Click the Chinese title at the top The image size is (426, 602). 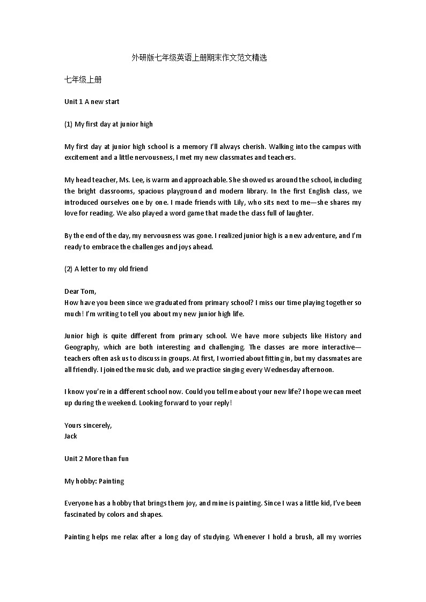[199, 57]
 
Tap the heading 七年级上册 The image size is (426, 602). [83, 79]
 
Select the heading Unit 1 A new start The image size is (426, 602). [92, 102]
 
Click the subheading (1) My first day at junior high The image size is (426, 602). [108, 124]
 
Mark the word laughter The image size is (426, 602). [298, 213]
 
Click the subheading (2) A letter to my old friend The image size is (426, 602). [106, 269]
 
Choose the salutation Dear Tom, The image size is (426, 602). [80, 292]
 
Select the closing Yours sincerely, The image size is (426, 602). [88, 426]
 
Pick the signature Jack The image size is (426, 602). [71, 436]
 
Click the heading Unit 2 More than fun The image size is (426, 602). [97, 459]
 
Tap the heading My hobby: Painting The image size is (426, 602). [94, 481]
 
